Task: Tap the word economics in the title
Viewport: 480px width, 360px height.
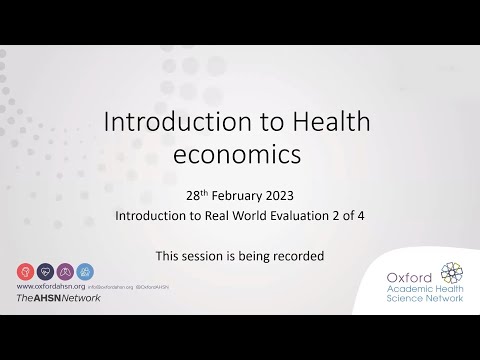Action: point(240,158)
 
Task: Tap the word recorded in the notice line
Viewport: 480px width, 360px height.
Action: point(297,255)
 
